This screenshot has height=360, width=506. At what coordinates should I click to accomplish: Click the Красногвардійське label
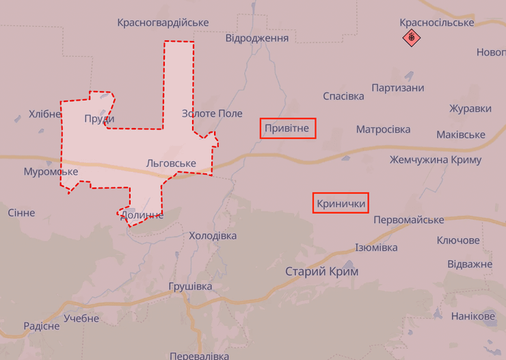point(163,23)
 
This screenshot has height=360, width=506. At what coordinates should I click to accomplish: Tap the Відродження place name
point(257,38)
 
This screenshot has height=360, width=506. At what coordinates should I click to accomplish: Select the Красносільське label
point(437,23)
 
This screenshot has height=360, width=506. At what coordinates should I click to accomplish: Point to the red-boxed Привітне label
point(287,128)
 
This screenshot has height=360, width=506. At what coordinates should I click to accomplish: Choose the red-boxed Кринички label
point(341,203)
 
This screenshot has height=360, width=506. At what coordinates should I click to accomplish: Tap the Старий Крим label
point(321,272)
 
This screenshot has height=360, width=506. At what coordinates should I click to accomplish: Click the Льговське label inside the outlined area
point(171,163)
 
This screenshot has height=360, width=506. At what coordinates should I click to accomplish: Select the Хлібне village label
point(45,114)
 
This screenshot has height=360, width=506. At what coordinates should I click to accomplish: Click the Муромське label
point(51,171)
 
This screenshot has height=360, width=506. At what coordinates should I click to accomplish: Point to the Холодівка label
point(213,235)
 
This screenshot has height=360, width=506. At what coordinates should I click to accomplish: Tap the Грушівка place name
point(190,286)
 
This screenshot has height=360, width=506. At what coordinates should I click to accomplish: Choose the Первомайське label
point(409,220)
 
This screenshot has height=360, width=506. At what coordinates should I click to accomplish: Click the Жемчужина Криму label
point(436,159)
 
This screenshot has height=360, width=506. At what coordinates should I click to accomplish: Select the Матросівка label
point(383,129)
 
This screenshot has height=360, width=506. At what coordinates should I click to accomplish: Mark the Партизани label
point(398,88)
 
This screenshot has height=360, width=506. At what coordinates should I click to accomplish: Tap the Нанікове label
point(473,316)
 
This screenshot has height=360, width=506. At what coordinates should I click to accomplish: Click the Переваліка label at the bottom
point(198,355)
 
